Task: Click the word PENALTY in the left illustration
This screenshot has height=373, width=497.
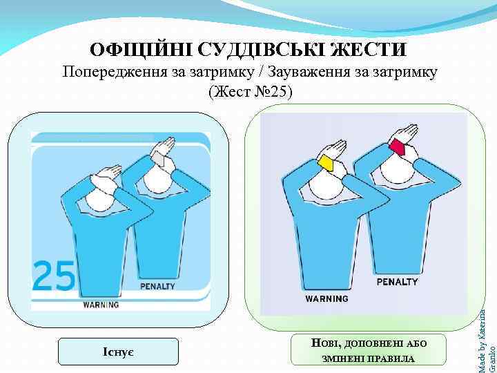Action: point(157,287)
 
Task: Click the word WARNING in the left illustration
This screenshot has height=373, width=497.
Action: point(101,304)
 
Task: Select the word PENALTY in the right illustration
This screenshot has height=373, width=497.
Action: point(397,282)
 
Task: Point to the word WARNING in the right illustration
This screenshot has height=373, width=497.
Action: point(327,299)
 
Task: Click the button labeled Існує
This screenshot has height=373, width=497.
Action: point(119,352)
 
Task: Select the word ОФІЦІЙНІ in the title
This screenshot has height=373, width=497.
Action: point(140,50)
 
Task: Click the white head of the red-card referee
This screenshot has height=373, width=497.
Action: point(393,166)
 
